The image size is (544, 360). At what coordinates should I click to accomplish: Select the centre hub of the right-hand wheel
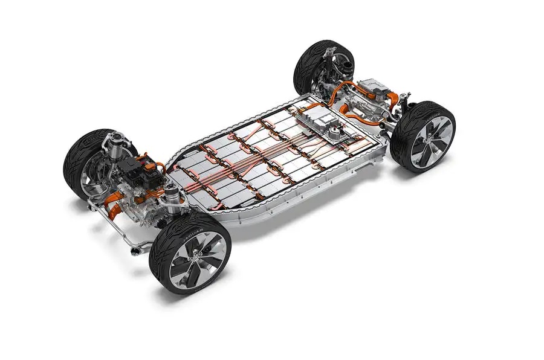(x=430, y=140)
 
